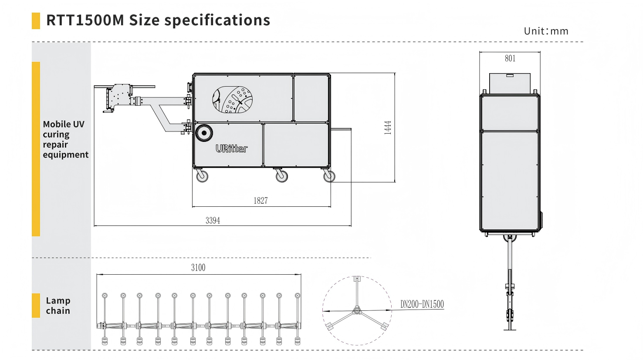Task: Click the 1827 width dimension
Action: pyautogui.click(x=261, y=201)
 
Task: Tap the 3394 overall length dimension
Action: pyautogui.click(x=213, y=221)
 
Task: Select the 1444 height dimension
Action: pyautogui.click(x=388, y=127)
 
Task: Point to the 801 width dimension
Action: pyautogui.click(x=510, y=58)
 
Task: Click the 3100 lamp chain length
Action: pyautogui.click(x=198, y=268)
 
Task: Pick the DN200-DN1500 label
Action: pyautogui.click(x=422, y=304)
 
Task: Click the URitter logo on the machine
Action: pyautogui.click(x=232, y=148)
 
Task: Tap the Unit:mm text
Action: pyautogui.click(x=546, y=31)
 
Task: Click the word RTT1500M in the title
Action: pyautogui.click(x=85, y=20)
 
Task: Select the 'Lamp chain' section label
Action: pyautogui.click(x=58, y=306)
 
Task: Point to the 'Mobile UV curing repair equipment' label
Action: pyautogui.click(x=65, y=139)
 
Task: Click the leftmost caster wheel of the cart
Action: pyautogui.click(x=202, y=176)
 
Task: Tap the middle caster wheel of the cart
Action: pyautogui.click(x=282, y=176)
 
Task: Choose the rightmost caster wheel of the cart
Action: pyautogui.click(x=329, y=176)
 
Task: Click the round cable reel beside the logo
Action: pyautogui.click(x=203, y=133)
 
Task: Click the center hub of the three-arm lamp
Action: pyautogui.click(x=357, y=310)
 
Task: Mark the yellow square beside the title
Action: pyautogui.click(x=36, y=21)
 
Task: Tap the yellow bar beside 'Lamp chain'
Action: pyautogui.click(x=36, y=306)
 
